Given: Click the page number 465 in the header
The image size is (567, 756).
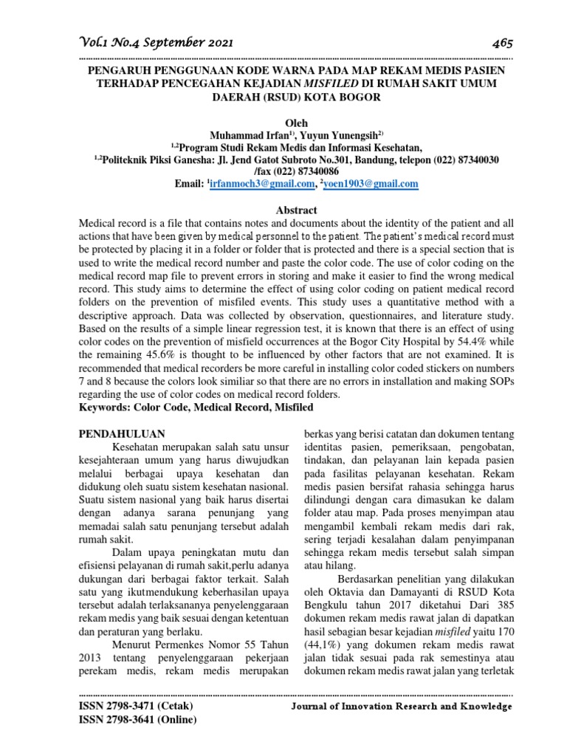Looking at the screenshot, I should (501, 42).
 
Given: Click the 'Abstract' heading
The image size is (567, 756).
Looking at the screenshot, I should (295, 210).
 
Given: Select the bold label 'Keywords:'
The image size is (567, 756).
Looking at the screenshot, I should (105, 407).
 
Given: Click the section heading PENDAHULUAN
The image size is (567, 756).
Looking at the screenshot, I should (122, 433).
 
